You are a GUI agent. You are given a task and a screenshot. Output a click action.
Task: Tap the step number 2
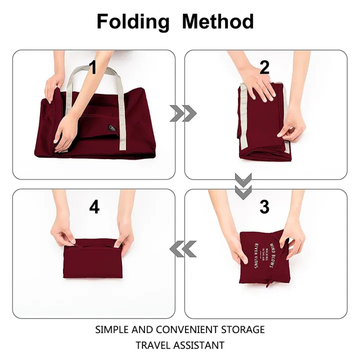point(264,67)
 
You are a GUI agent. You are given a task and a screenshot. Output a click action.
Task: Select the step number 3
point(264,206)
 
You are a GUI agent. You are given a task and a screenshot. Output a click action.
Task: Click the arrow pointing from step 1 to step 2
point(182,114)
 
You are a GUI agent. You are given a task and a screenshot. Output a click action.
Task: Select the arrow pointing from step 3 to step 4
point(182,247)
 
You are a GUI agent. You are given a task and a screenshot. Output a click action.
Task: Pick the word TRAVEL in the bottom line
point(152,345)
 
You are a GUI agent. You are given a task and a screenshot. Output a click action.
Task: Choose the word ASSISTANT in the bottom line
point(200,345)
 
